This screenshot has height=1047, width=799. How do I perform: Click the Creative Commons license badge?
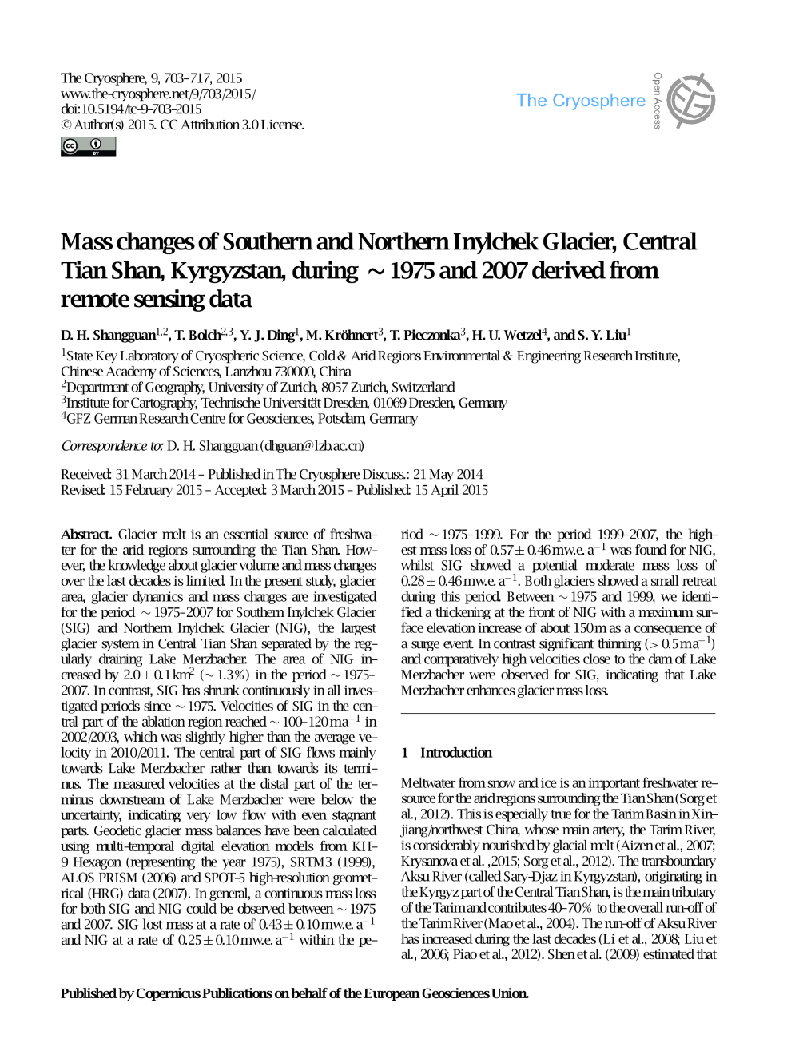point(88,146)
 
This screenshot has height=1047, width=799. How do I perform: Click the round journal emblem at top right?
point(691,102)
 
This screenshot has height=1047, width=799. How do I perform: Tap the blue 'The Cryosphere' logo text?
point(580,101)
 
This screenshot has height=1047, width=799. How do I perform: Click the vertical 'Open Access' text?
point(657,101)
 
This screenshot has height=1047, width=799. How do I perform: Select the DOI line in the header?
point(131,109)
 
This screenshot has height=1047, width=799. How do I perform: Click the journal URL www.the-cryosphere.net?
point(158,94)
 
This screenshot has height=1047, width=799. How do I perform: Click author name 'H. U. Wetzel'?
point(506,335)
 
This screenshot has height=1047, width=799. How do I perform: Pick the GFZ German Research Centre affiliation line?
point(240,418)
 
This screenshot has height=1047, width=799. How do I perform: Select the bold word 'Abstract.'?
point(87,535)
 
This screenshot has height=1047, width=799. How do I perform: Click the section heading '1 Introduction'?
point(447,753)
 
